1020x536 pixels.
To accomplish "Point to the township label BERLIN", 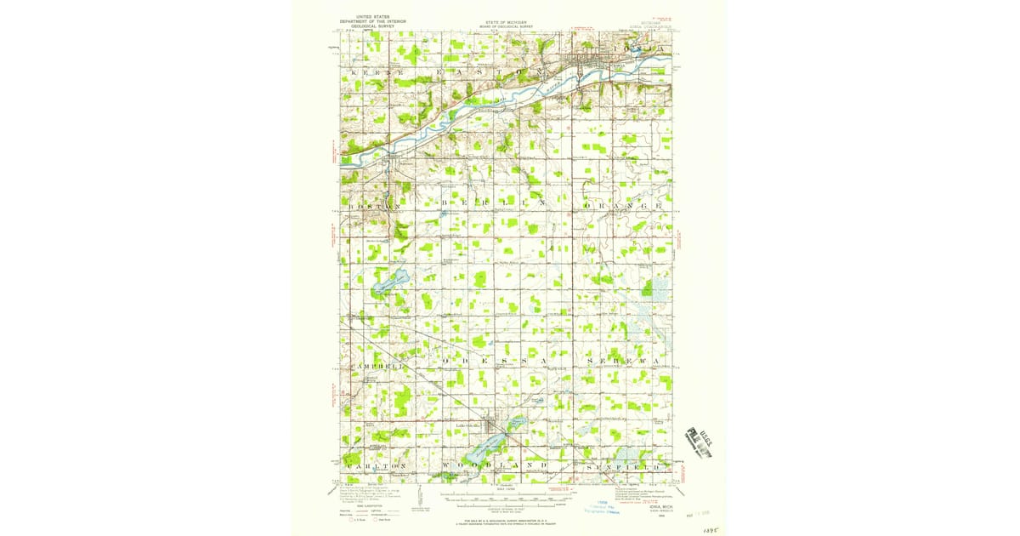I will pyautogui.click(x=493, y=206).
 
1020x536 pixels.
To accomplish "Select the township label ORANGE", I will pyautogui.click(x=624, y=206).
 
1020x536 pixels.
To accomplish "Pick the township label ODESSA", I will pyautogui.click(x=493, y=361).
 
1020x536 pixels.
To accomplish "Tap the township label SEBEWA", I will pyautogui.click(x=624, y=361).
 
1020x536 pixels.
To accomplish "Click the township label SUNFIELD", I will pyautogui.click(x=624, y=466).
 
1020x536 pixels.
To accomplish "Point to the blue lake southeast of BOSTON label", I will pyautogui.click(x=388, y=282).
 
